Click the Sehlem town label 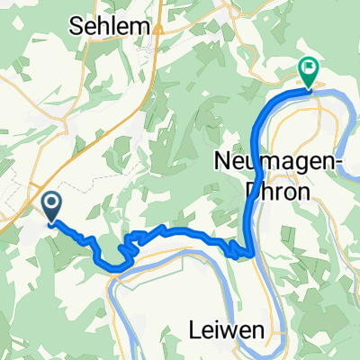pyautogui.click(x=109, y=29)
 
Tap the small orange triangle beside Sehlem pyautogui.click(x=157, y=29)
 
